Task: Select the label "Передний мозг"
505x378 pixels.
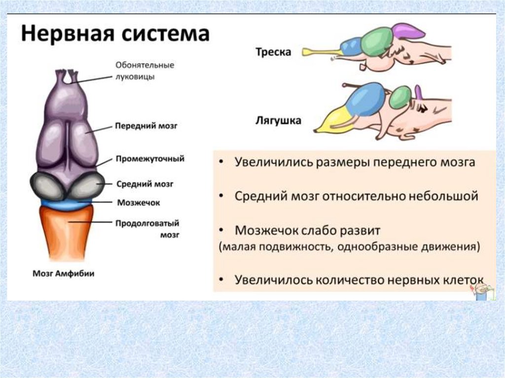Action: [145, 126]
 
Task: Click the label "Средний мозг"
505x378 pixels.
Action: [144, 183]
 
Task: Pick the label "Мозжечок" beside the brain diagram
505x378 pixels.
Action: [138, 202]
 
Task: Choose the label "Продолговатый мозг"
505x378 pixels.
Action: [146, 229]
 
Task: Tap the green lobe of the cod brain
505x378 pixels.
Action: [377, 42]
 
